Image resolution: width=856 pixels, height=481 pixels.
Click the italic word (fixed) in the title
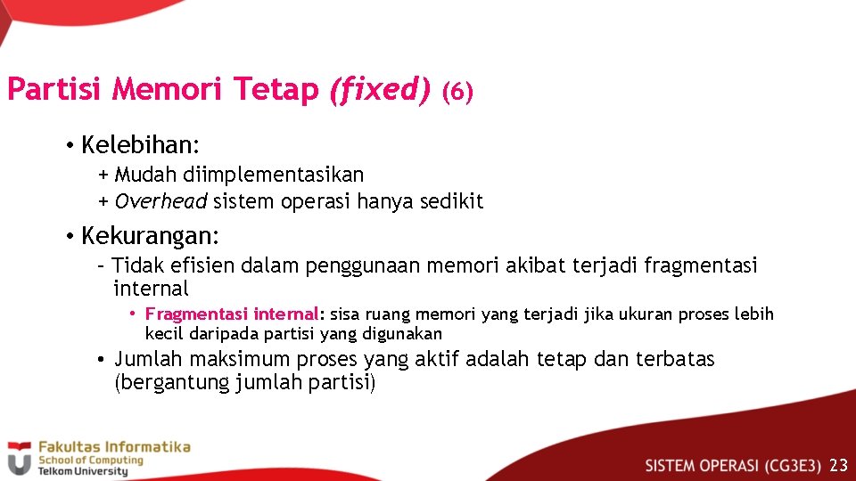(379, 90)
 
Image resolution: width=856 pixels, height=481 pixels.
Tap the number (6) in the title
(457, 92)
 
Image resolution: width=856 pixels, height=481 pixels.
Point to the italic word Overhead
(160, 201)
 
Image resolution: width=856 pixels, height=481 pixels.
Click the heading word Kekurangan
(149, 236)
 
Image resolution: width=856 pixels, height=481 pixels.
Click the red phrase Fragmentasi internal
(232, 314)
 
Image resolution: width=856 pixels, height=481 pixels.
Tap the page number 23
(838, 465)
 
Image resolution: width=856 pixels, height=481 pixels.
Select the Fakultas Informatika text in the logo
(113, 447)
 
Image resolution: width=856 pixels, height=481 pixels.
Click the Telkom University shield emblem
(19, 458)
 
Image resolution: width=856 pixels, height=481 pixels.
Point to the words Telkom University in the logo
(82, 471)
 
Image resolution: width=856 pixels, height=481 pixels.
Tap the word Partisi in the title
(55, 90)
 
